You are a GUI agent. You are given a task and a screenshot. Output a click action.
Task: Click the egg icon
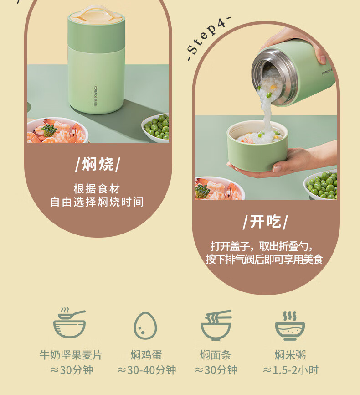145,326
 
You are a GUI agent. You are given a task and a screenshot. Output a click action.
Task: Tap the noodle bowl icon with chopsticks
216,325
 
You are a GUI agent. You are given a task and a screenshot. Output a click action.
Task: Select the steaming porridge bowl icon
290,326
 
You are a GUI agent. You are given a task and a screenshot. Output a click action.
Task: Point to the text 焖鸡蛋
146,355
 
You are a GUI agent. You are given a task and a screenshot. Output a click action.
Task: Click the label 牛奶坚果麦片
71,355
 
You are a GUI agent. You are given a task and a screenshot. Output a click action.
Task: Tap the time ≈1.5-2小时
291,370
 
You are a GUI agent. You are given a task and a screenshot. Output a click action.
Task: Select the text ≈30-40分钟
147,370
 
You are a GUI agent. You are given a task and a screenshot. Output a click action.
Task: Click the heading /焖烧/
98,164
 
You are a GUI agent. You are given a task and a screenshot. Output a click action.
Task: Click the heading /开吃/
265,222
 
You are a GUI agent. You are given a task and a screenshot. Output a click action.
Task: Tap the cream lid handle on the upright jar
97,14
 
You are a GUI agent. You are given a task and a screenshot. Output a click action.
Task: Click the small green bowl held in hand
257,146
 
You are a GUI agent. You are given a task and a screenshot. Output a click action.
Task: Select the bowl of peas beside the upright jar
155,127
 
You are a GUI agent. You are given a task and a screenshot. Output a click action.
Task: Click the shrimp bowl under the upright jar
58,130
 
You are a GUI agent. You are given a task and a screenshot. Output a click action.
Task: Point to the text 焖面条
216,355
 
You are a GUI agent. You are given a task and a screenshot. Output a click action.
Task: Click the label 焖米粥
290,355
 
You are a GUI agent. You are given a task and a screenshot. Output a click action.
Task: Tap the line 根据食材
97,188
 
